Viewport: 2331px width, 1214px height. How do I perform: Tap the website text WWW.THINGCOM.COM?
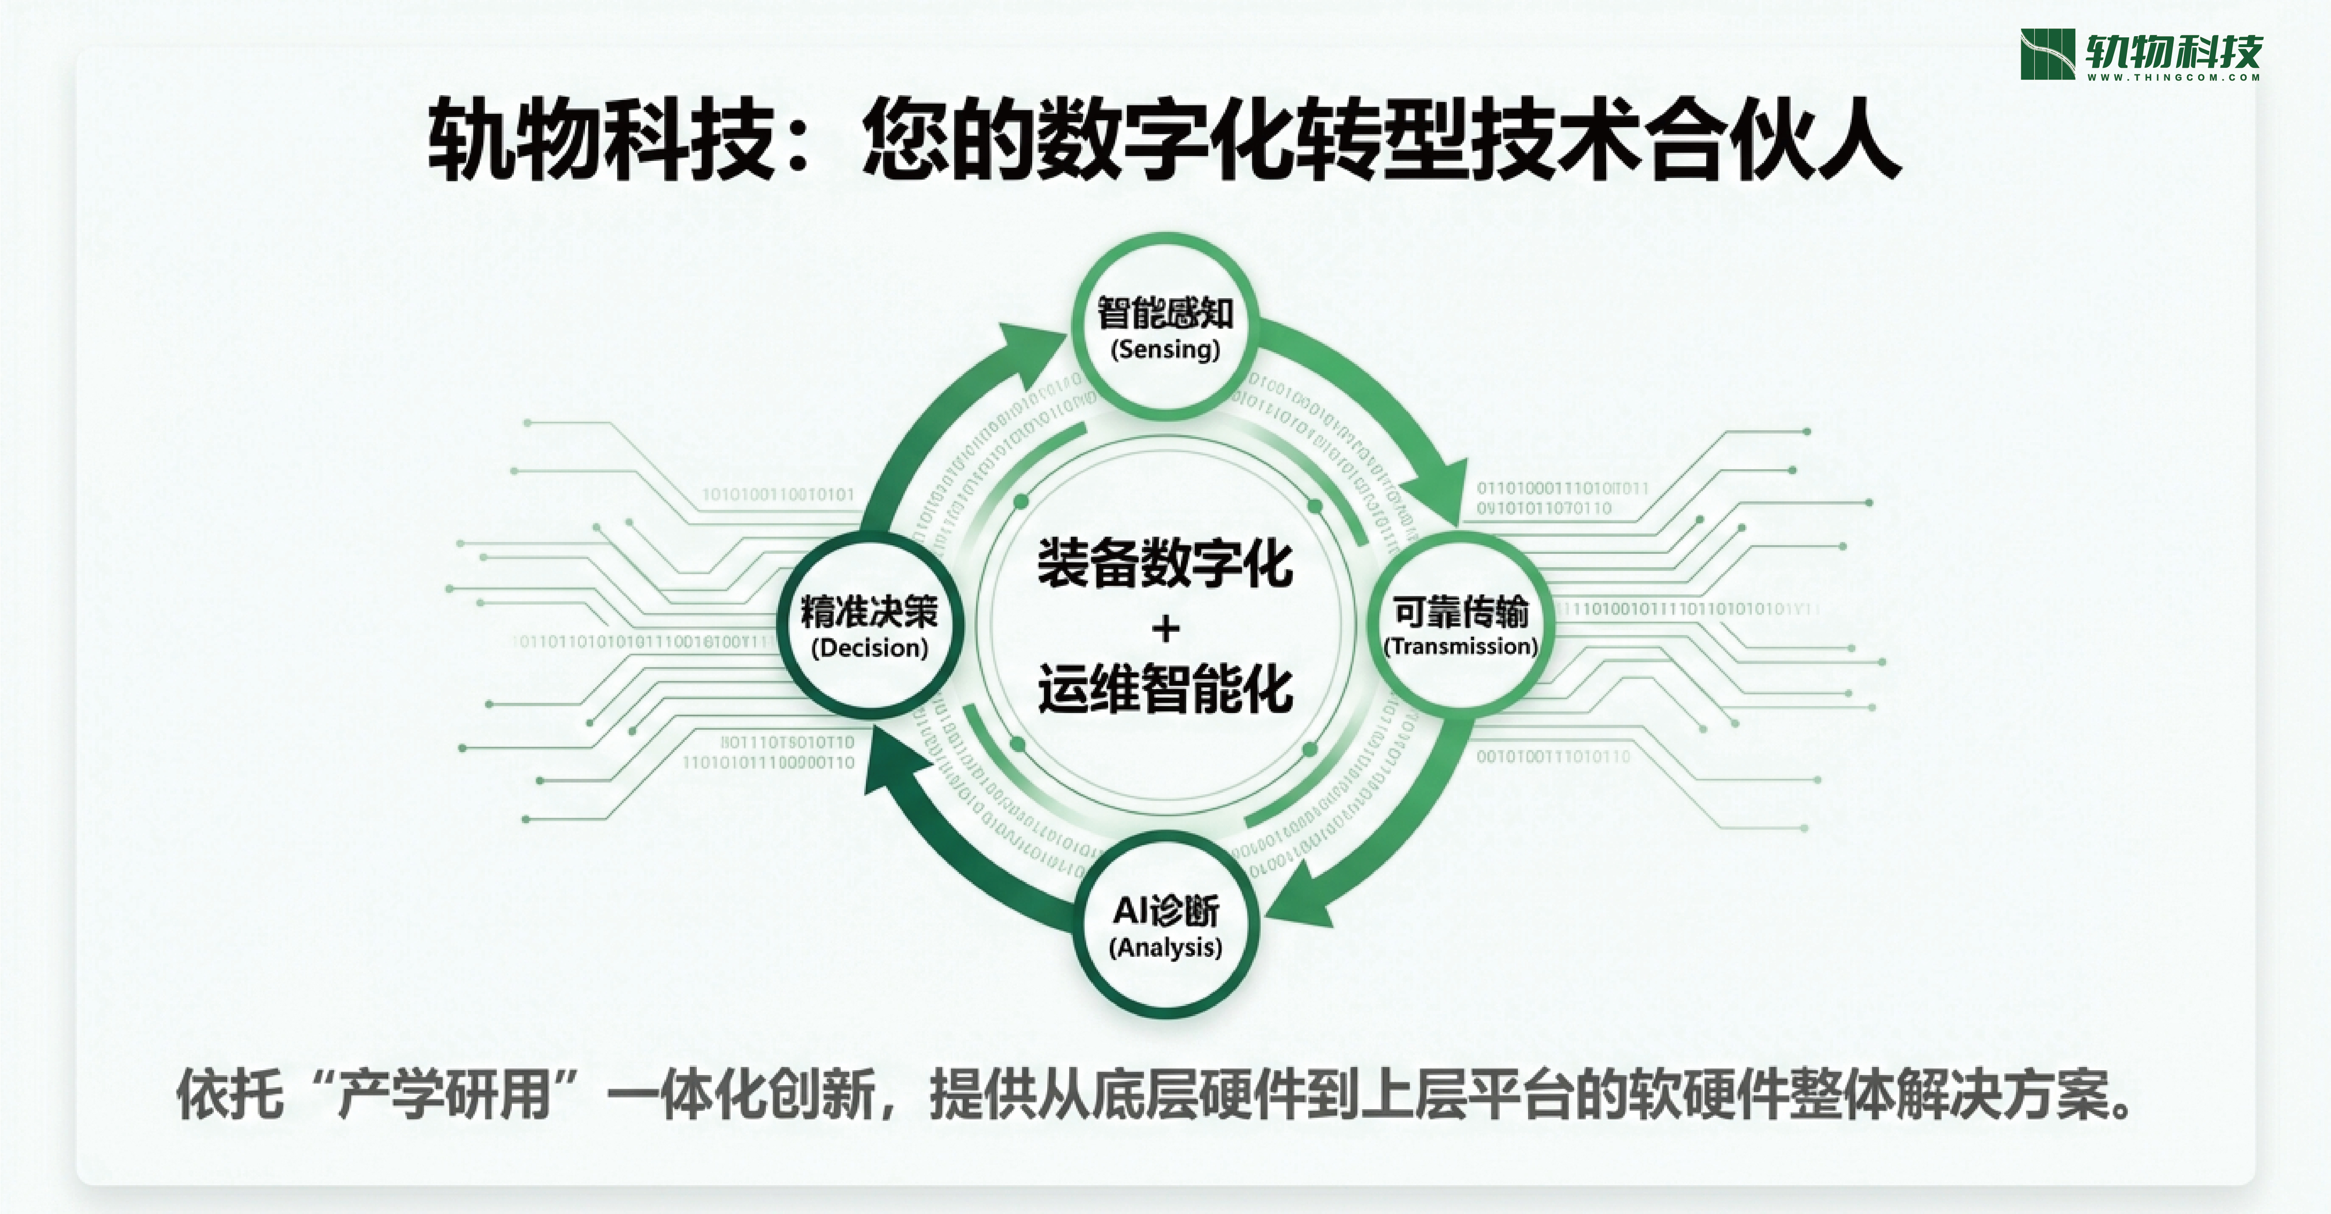point(2174,78)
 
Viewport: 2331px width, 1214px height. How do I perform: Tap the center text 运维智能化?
point(1165,689)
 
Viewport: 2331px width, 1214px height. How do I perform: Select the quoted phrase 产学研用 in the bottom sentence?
point(444,1095)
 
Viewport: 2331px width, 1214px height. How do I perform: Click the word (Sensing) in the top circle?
point(1165,349)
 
